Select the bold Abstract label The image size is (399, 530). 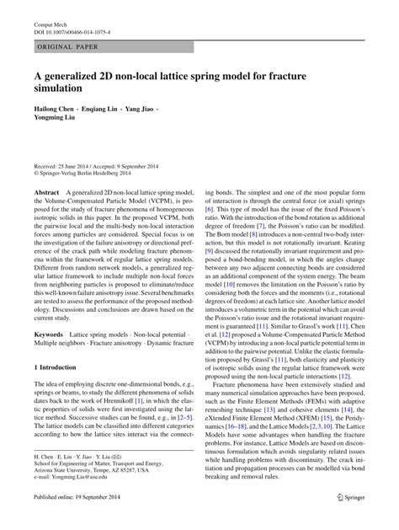46,193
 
